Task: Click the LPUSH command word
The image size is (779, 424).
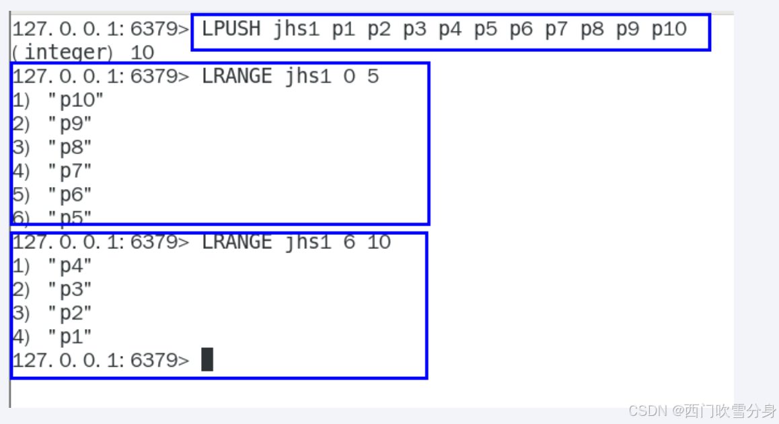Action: [x=231, y=30]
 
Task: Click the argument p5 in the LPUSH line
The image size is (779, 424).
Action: [x=485, y=30]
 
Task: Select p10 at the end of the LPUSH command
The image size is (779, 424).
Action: [x=669, y=30]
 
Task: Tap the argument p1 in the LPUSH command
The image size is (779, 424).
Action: [x=343, y=30]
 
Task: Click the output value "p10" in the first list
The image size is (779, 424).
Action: [x=76, y=100]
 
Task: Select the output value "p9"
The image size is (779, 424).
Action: [x=70, y=124]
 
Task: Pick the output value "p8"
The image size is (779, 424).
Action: [x=70, y=147]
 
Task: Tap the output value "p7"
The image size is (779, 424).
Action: [x=70, y=171]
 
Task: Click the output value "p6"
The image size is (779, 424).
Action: [x=70, y=195]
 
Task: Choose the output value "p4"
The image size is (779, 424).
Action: [x=70, y=266]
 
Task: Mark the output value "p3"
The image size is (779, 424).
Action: [x=70, y=289]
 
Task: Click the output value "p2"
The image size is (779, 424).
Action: [x=70, y=313]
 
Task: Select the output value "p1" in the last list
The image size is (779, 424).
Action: [x=70, y=337]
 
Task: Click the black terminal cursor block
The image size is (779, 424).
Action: [x=207, y=359]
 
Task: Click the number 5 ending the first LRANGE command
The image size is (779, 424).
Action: [x=373, y=77]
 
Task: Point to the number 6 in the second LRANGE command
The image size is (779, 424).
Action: [x=349, y=242]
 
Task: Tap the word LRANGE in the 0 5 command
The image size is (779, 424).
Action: [x=237, y=77]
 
